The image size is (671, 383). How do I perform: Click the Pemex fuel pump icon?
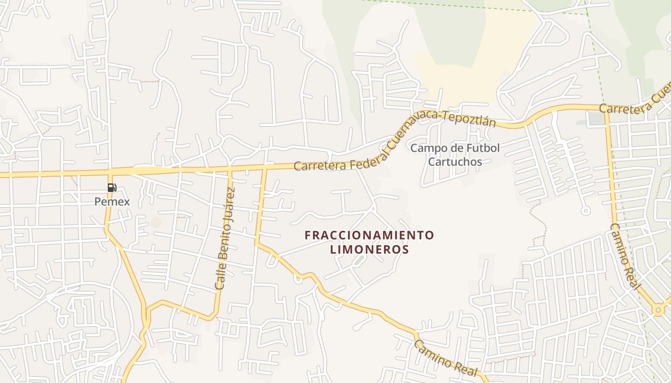[x=112, y=188]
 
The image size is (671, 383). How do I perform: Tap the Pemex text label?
[x=112, y=202]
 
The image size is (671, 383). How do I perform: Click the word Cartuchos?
[x=455, y=161]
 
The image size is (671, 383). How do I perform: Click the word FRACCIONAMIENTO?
[x=369, y=235]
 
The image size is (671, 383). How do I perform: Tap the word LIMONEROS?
[x=369, y=249]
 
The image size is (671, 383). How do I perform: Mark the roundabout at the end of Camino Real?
[x=658, y=310]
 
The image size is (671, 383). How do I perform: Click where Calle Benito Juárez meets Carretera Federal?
[x=230, y=169]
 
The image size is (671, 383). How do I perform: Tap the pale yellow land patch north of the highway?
[x=460, y=77]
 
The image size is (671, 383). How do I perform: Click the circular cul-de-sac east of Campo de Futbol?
[x=585, y=211]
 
